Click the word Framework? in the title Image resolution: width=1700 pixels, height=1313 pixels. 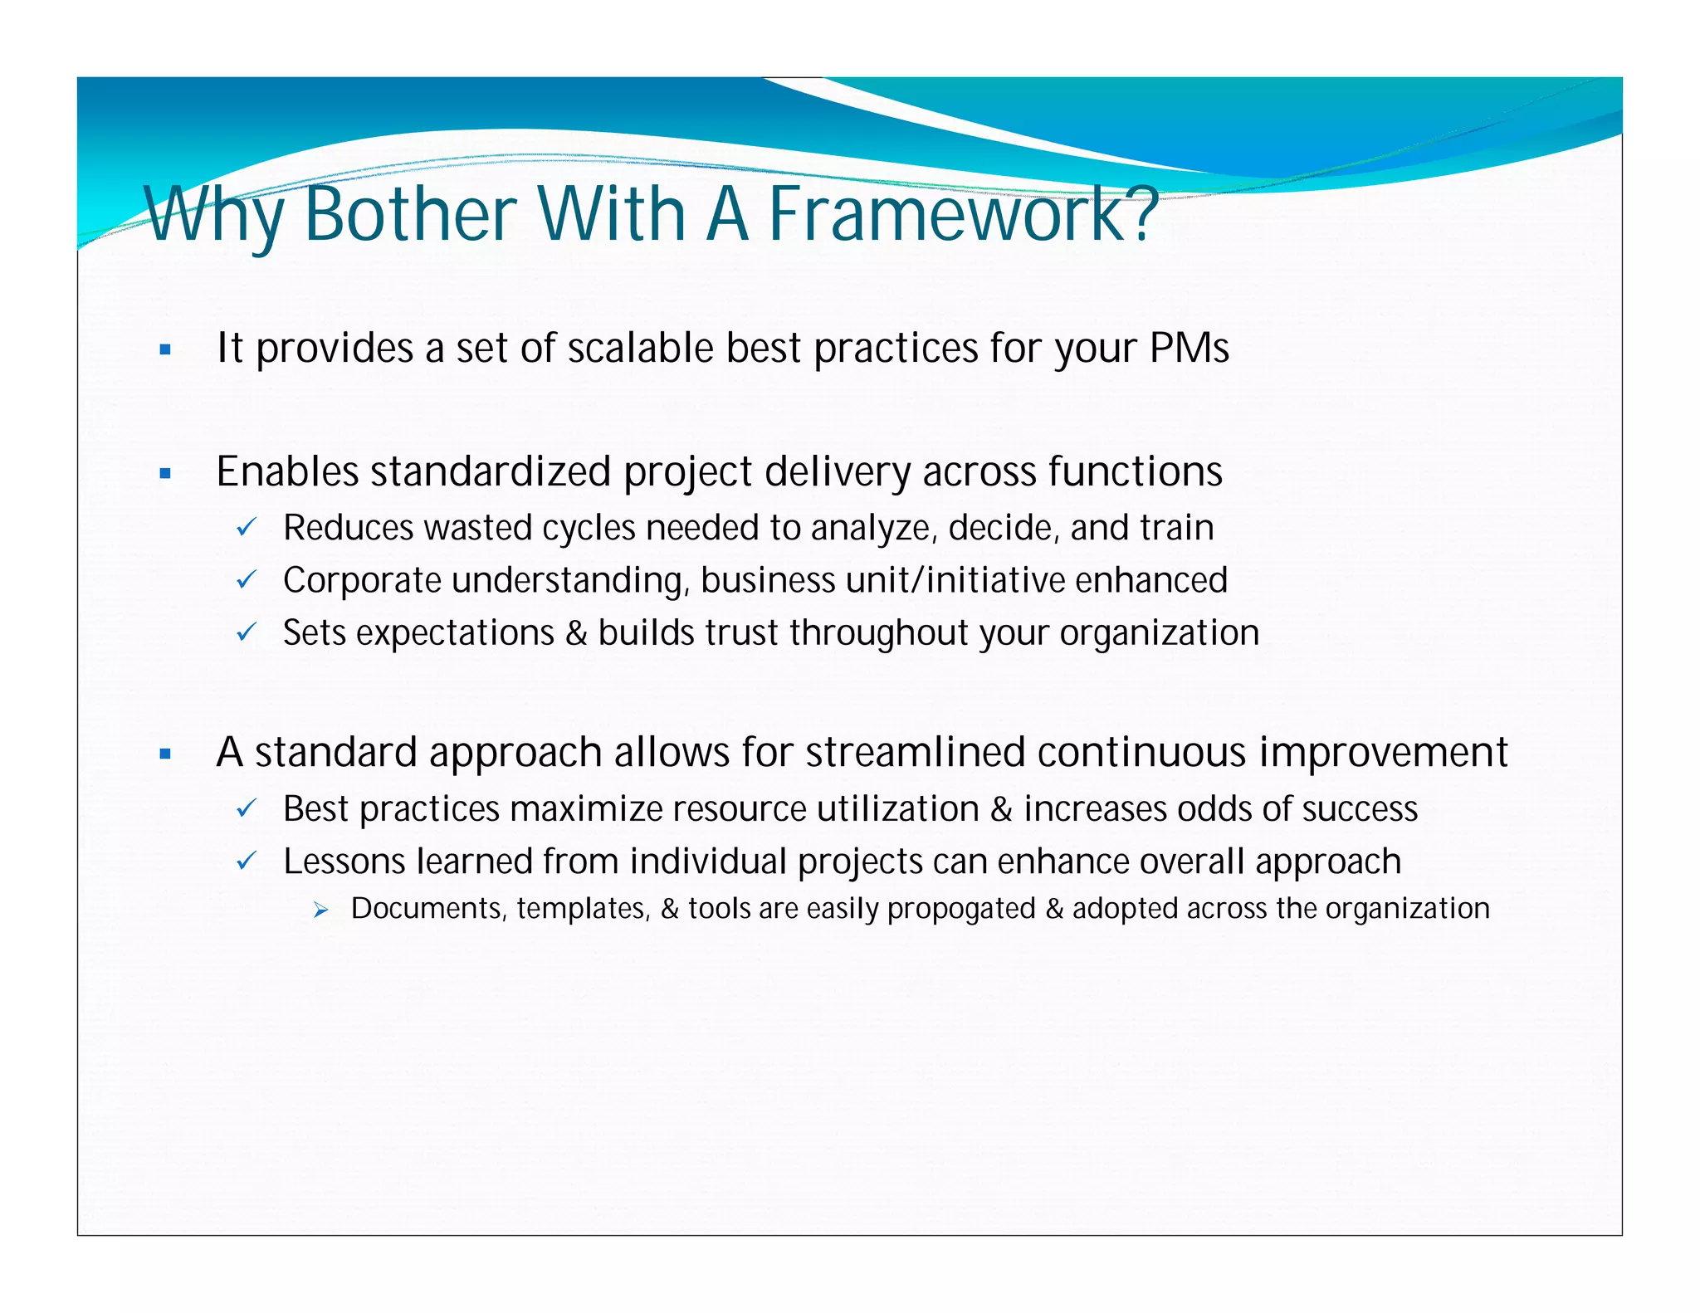tap(963, 213)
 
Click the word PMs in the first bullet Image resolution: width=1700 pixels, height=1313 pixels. tap(1189, 348)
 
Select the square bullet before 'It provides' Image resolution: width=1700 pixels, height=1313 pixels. tap(165, 350)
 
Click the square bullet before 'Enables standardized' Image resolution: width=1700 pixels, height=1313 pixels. tap(165, 474)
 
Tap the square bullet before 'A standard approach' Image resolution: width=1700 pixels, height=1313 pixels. tap(165, 754)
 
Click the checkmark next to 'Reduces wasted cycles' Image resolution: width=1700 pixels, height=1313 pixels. tap(247, 527)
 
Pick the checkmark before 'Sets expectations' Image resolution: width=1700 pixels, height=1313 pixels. tap(247, 632)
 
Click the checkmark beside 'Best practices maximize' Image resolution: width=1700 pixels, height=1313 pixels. tap(247, 808)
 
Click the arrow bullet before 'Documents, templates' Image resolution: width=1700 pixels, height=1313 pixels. tap(322, 910)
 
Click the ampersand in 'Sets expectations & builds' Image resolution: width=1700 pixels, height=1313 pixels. tap(575, 633)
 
